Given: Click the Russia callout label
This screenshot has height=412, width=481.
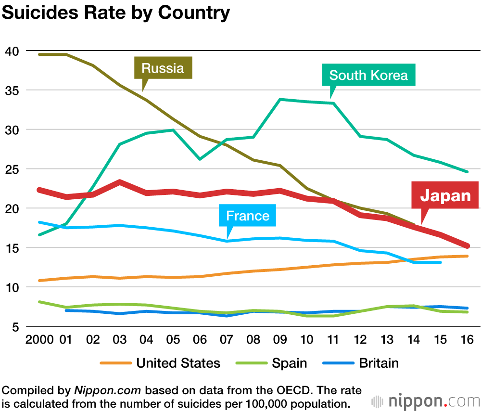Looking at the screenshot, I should (x=163, y=68).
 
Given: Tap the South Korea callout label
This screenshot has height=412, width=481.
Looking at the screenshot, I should (x=368, y=75).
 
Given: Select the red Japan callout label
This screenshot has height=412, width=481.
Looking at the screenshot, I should (x=445, y=195).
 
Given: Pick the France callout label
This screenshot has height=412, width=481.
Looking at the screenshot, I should (x=248, y=216).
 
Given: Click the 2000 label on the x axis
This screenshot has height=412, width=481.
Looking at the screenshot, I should (x=39, y=340).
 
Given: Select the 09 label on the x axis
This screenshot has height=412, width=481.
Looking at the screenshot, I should (x=279, y=340).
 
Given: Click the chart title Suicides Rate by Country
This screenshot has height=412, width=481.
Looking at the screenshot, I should (x=116, y=13).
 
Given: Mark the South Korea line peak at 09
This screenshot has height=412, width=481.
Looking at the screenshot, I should (x=280, y=100).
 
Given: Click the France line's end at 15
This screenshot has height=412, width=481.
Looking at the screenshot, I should (x=440, y=262).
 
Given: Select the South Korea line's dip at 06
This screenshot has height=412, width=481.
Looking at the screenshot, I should (x=200, y=159).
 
